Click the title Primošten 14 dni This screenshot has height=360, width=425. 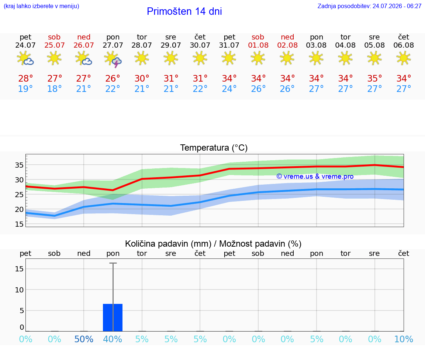click(x=184, y=11)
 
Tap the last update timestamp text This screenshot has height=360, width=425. click(x=369, y=6)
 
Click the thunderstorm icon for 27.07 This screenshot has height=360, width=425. click(x=113, y=59)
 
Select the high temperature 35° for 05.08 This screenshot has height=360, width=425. click(x=374, y=78)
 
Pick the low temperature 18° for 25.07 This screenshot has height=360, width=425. click(x=54, y=89)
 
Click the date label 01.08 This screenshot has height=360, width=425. click(x=258, y=45)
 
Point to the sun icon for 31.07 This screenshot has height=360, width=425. click(x=229, y=58)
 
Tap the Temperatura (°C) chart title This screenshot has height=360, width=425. click(x=214, y=148)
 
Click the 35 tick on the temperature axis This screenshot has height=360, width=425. click(x=19, y=165)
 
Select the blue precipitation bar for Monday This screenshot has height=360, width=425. click(x=113, y=318)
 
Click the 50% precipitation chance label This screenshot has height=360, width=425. click(x=84, y=339)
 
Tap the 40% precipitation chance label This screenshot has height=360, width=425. click(x=113, y=339)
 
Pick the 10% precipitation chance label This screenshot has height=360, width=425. click(x=404, y=339)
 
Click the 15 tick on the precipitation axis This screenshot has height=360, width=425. click(x=19, y=268)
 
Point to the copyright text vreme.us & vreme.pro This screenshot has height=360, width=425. click(x=315, y=176)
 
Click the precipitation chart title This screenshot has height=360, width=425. click(x=213, y=244)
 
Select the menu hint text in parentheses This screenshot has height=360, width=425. click(x=41, y=6)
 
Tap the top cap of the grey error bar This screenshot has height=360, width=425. click(x=113, y=263)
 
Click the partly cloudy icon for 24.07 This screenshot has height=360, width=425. click(x=25, y=58)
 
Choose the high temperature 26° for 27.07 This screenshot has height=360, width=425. click(x=113, y=78)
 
